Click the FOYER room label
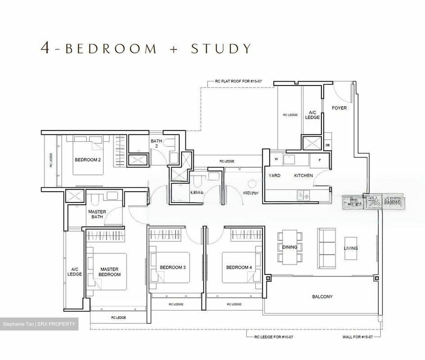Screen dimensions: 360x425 pyautogui.click(x=339, y=108)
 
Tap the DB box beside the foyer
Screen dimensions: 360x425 pyautogui.click(x=328, y=145)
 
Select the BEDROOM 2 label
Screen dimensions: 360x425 pyautogui.click(x=88, y=160)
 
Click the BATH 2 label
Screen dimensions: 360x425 pyautogui.click(x=156, y=143)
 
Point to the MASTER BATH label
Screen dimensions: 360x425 pyautogui.click(x=97, y=214)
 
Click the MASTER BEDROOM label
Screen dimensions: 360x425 pyautogui.click(x=109, y=272)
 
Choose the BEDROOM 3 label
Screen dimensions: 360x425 pyautogui.click(x=173, y=268)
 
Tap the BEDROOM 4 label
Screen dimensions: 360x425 pyautogui.click(x=239, y=268)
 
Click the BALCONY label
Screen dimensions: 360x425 pyautogui.click(x=322, y=297)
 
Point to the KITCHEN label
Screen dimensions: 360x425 pyautogui.click(x=303, y=176)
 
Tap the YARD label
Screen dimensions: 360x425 pyautogui.click(x=274, y=176)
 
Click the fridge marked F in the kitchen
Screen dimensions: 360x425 pyautogui.click(x=319, y=160)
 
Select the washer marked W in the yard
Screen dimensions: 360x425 pyautogui.click(x=276, y=159)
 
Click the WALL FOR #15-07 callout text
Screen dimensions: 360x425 pyautogui.click(x=356, y=337)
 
